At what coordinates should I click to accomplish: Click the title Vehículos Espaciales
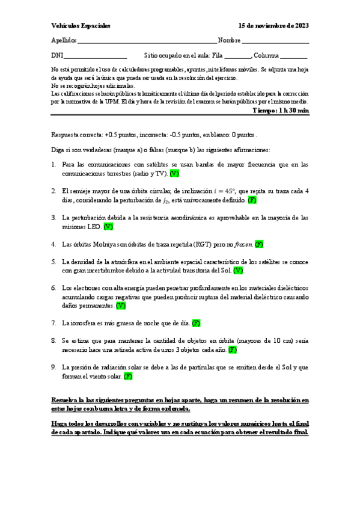tap(81, 26)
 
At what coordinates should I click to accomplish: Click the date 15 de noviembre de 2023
tap(273, 26)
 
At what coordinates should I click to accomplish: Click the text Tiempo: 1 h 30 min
tap(281, 111)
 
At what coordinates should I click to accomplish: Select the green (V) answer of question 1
tap(174, 173)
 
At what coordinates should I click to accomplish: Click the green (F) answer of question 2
tap(252, 200)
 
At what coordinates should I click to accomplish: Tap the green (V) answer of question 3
tap(108, 227)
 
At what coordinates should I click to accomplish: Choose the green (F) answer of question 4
tap(259, 245)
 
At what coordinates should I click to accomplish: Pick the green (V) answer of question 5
tap(239, 271)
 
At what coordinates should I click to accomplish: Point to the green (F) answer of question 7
tap(196, 323)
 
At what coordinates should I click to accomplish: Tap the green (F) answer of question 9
tap(128, 376)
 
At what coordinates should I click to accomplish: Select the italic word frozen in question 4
tap(243, 245)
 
